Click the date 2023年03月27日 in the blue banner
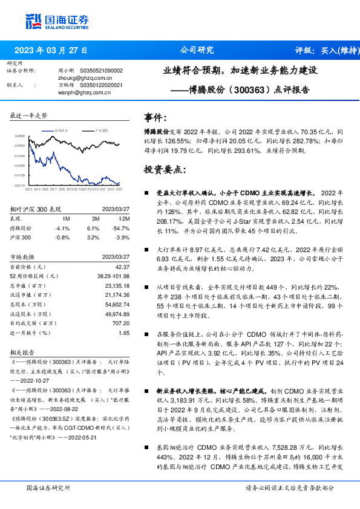pos(51,50)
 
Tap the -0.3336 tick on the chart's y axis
pos(20,165)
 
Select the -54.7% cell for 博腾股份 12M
pos(123,229)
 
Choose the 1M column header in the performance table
pos(66,219)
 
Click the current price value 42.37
pos(123,267)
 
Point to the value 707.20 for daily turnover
pos(121,323)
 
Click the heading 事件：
pos(155,117)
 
